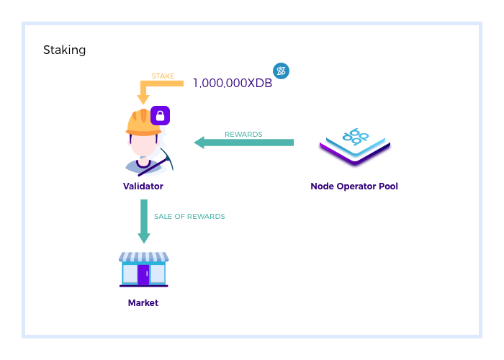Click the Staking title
65,50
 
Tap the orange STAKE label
163,76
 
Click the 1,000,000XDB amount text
233,83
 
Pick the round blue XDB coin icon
281,71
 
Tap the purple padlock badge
160,114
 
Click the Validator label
143,186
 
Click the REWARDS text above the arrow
243,134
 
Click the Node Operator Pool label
354,186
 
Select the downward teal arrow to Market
144,221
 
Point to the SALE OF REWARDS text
189,216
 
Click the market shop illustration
144,269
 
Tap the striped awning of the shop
144,257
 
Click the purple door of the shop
143,274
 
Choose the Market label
143,303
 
